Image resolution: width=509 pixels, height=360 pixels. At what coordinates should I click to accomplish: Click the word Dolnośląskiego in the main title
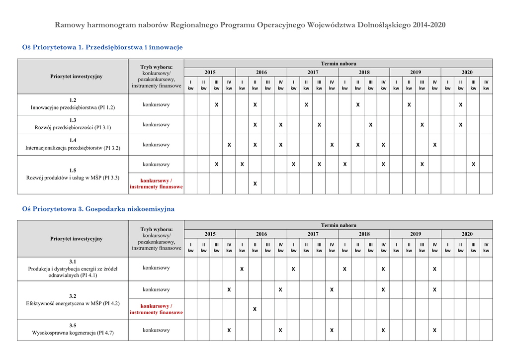384,25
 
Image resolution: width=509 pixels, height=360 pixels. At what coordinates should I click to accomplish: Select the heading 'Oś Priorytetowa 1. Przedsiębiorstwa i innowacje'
102,47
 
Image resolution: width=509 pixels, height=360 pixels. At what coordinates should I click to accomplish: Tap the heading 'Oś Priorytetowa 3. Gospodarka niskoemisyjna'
98,209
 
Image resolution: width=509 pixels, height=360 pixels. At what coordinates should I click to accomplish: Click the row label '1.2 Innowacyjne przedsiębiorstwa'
73,104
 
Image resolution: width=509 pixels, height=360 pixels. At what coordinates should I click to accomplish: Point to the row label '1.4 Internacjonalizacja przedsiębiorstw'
73,144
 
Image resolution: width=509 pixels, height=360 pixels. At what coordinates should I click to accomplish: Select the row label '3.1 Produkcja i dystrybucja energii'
73,268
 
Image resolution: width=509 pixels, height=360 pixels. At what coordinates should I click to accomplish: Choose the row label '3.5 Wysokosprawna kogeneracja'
73,329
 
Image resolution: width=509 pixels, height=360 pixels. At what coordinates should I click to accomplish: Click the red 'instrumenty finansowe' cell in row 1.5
156,183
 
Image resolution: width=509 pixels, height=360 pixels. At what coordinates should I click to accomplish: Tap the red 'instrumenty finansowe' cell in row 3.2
156,309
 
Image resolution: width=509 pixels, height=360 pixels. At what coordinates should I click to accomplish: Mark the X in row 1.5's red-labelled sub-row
255,184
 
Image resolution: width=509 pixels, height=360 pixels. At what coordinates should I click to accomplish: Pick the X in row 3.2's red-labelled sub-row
255,309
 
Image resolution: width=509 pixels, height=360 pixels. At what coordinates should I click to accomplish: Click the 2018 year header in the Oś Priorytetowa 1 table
364,72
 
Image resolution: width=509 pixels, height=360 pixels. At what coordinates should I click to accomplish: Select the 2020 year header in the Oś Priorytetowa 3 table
467,234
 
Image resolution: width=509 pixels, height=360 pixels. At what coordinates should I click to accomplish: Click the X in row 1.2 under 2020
461,105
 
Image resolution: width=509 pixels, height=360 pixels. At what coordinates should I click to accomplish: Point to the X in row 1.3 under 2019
422,125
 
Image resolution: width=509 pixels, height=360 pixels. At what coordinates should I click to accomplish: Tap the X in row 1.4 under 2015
229,145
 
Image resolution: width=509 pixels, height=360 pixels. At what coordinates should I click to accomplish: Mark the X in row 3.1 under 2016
242,269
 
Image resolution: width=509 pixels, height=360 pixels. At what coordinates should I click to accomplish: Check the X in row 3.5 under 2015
229,330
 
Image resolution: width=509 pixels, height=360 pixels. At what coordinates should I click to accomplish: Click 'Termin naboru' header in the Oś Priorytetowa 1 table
339,63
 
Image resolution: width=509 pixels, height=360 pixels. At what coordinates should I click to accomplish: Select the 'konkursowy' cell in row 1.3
156,125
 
